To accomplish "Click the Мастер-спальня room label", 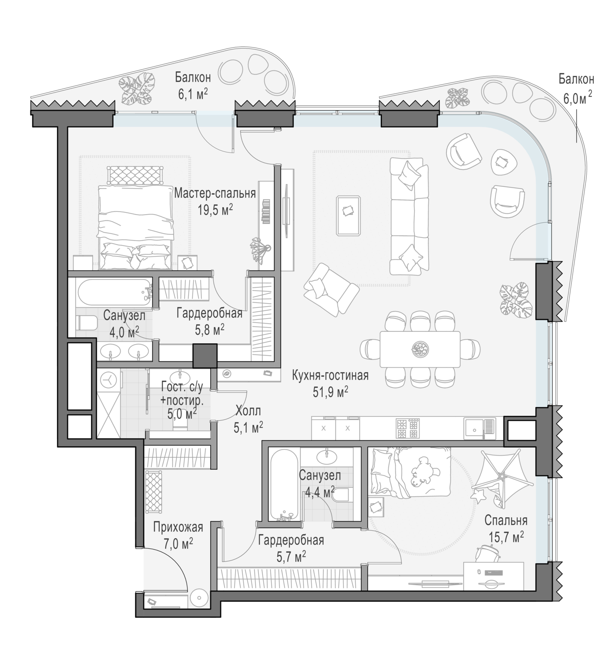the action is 215,193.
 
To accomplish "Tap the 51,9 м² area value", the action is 330,392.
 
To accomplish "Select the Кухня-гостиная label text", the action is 330,375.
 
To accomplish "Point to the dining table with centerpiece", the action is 420,349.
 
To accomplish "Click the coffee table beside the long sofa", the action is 348,215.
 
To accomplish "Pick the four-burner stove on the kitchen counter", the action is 408,428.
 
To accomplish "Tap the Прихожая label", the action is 178,527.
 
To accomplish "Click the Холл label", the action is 248,411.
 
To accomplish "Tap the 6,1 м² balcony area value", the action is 193,94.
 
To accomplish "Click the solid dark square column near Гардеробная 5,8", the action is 205,356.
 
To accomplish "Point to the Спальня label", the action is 506,520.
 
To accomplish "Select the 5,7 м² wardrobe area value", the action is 291,557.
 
